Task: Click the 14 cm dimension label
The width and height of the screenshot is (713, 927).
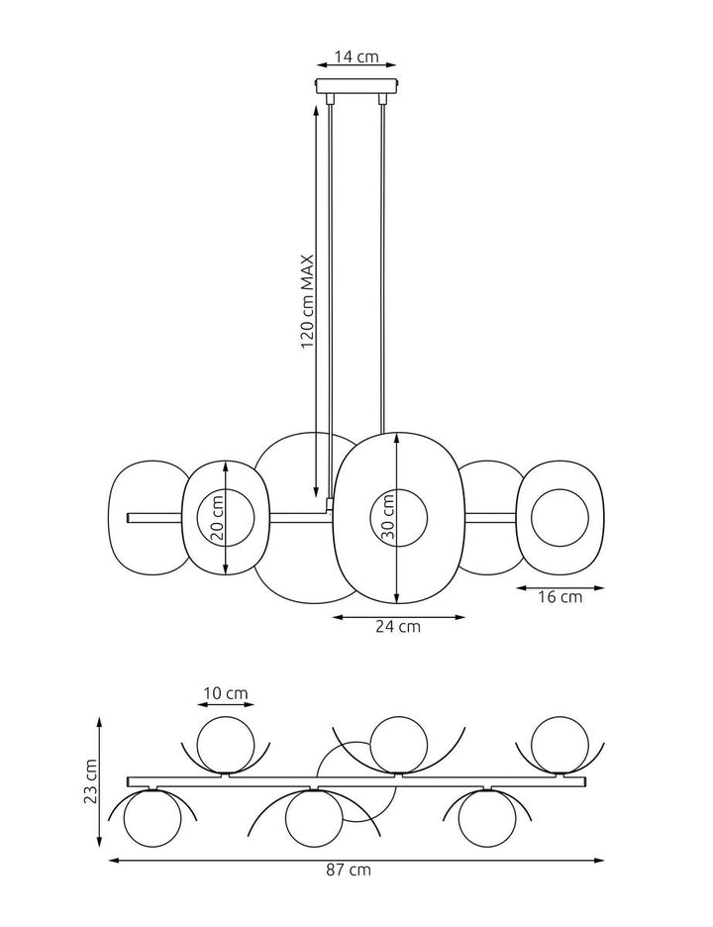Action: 356,57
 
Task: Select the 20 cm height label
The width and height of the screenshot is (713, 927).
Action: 217,517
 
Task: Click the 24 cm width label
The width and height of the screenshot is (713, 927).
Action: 397,626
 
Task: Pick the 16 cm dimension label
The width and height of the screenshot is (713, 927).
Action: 559,597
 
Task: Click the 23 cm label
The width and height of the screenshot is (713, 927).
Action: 91,781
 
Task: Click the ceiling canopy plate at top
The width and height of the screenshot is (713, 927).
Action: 356,87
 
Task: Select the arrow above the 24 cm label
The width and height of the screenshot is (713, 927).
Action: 397,616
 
